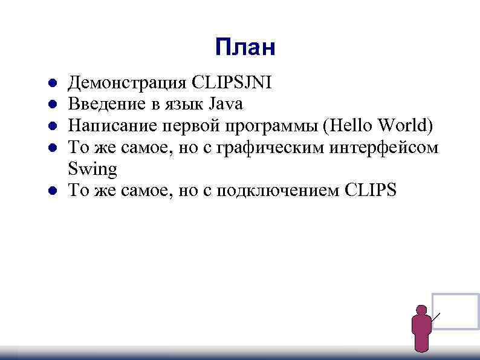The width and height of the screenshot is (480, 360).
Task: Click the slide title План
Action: click(245, 47)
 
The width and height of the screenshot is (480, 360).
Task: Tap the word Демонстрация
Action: click(128, 82)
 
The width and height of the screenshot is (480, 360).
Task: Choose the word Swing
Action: click(92, 169)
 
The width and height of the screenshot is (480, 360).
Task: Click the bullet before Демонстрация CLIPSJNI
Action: click(53, 83)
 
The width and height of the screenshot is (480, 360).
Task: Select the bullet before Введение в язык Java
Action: click(53, 105)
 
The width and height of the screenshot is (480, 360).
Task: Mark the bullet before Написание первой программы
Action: click(53, 126)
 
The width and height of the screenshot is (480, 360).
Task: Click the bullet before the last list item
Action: click(53, 191)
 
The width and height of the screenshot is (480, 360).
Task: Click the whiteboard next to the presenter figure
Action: click(456, 311)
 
